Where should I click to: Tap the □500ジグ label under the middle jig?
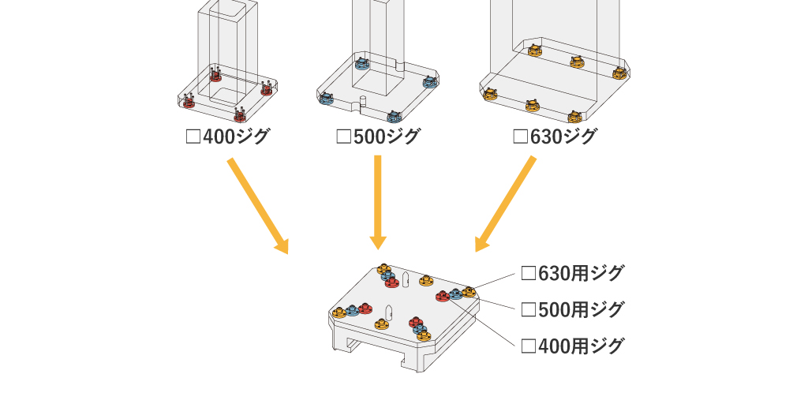378,137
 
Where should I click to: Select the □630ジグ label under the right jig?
555,137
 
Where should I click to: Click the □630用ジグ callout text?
573,273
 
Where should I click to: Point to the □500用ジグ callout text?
573,309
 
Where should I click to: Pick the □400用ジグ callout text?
573,346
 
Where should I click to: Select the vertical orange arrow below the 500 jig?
378,201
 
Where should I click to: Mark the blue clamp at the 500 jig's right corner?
430,81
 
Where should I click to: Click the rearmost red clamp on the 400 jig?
216,77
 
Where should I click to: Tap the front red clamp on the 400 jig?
241,115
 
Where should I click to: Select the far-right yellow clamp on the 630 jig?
619,73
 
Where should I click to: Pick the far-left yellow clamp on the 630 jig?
490,94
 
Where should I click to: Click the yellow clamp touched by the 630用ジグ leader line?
469,291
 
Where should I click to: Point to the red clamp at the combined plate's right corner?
443,297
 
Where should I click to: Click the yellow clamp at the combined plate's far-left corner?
339,312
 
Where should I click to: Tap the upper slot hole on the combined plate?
405,279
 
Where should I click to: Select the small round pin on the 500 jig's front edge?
362,101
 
